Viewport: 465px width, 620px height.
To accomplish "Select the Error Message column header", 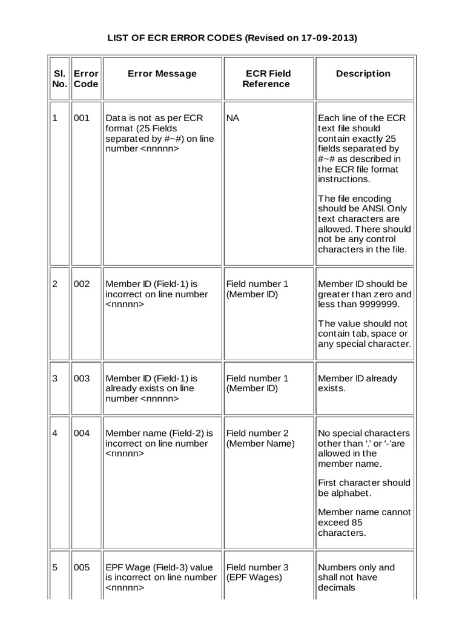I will (162, 74).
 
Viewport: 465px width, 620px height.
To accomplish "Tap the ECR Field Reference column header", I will (266, 79).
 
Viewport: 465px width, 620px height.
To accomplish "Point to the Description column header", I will (363, 74).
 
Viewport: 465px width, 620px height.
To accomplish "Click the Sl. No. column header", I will (59, 79).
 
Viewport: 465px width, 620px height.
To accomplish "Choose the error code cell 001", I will (82, 118).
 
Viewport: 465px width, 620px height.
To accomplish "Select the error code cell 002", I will (82, 284).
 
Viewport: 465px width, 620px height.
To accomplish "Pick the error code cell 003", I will (82, 378).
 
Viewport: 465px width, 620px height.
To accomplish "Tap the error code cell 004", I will (82, 433).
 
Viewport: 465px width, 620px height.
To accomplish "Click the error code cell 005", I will (82, 567).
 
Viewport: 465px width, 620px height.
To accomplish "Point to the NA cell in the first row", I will (232, 118).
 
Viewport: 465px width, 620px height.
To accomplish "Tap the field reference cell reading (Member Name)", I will (261, 443).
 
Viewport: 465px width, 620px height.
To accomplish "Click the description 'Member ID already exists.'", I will (357, 383).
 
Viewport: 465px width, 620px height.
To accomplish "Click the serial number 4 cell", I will (54, 433).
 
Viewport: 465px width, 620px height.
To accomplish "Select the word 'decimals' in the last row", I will (337, 587).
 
